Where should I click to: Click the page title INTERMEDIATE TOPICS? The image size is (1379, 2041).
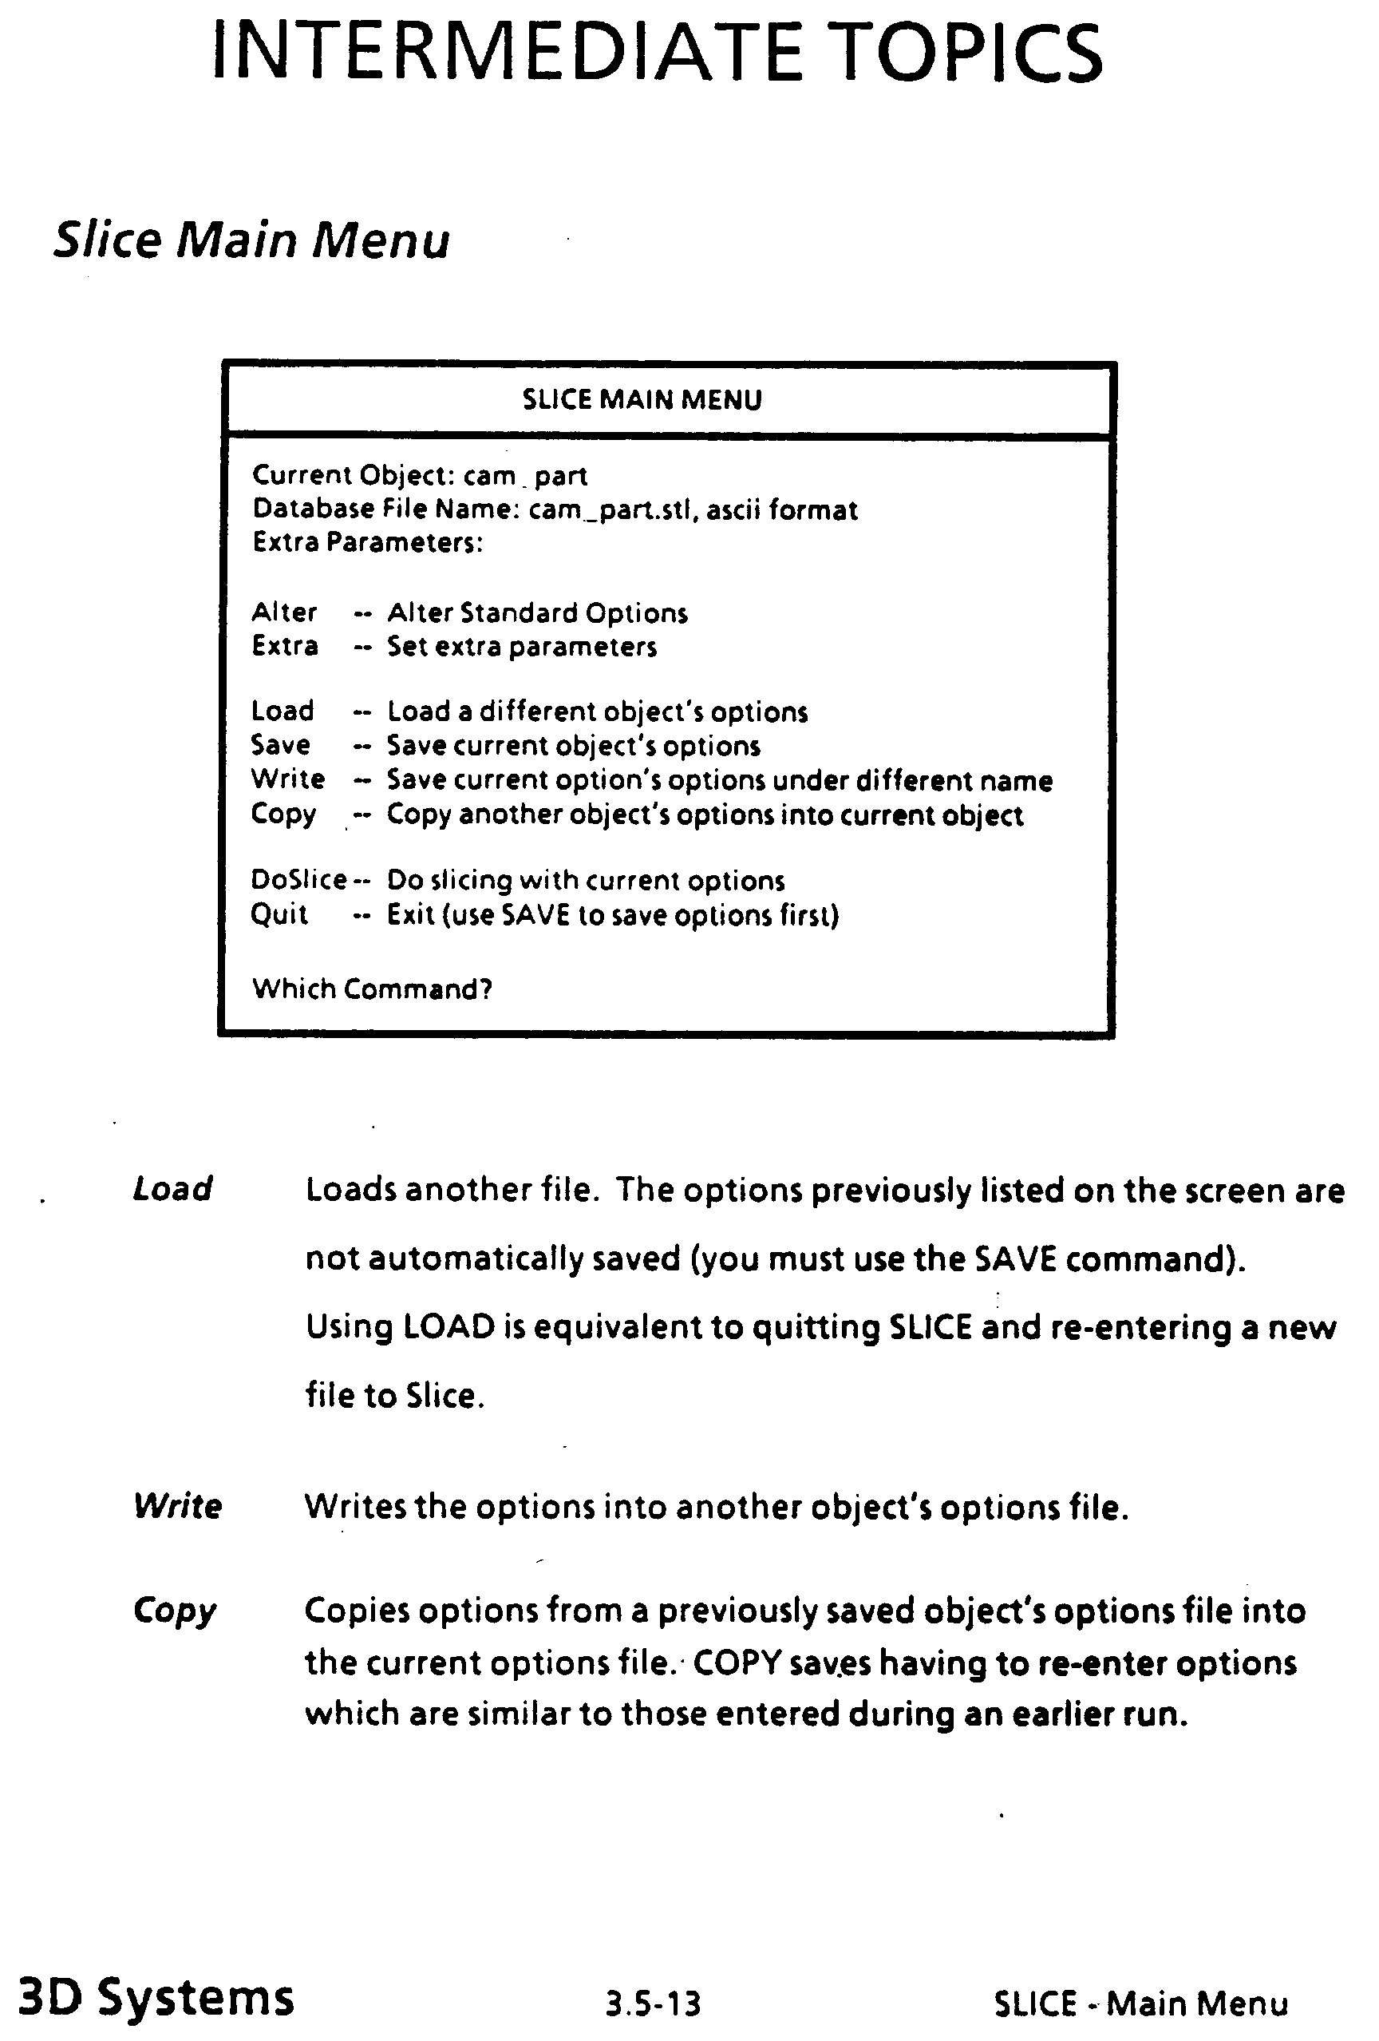click(657, 54)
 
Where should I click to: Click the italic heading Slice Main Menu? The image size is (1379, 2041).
click(251, 239)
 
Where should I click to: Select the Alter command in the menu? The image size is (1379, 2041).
click(283, 612)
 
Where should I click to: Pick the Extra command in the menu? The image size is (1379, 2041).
click(284, 646)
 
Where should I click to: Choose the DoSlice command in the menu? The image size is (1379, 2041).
click(298, 880)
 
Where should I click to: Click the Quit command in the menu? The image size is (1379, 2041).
click(279, 914)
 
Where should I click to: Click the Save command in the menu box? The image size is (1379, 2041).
click(280, 745)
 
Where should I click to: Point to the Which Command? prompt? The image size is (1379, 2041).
click(372, 989)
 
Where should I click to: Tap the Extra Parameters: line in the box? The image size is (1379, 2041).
click(368, 543)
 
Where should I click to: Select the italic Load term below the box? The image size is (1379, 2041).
click(172, 1189)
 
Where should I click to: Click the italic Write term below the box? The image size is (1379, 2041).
click(177, 1506)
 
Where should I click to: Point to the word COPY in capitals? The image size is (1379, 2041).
click(737, 1663)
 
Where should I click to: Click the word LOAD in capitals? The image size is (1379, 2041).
click(449, 1327)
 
